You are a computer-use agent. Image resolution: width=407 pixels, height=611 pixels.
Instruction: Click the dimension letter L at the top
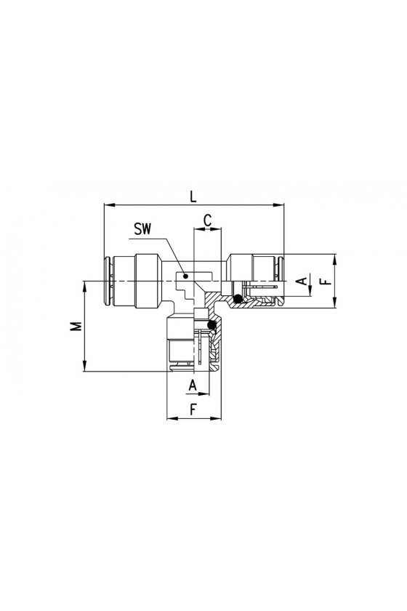tap(193, 196)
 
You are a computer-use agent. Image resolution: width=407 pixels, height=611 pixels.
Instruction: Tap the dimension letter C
tap(208, 220)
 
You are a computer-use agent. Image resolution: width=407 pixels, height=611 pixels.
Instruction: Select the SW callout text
tap(142, 228)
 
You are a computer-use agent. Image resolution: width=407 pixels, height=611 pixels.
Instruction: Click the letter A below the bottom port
tap(193, 386)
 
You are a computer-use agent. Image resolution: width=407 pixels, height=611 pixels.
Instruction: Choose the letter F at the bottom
tap(193, 410)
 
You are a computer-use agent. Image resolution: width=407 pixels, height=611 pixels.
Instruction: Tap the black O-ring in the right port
tap(237, 299)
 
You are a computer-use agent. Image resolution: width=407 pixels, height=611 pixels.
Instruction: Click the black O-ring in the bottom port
tap(212, 325)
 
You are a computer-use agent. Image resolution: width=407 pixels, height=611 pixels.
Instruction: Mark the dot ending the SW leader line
tap(186, 276)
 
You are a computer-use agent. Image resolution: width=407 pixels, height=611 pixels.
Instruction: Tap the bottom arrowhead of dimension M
tap(84, 367)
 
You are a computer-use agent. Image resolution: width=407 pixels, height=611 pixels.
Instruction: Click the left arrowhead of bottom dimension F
tap(172, 418)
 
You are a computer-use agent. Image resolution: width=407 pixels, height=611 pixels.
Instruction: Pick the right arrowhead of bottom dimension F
tap(216, 418)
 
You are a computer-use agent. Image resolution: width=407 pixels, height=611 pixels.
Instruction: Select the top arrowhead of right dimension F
tap(335, 260)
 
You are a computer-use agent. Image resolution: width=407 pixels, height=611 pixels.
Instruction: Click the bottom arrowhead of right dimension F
tap(335, 303)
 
